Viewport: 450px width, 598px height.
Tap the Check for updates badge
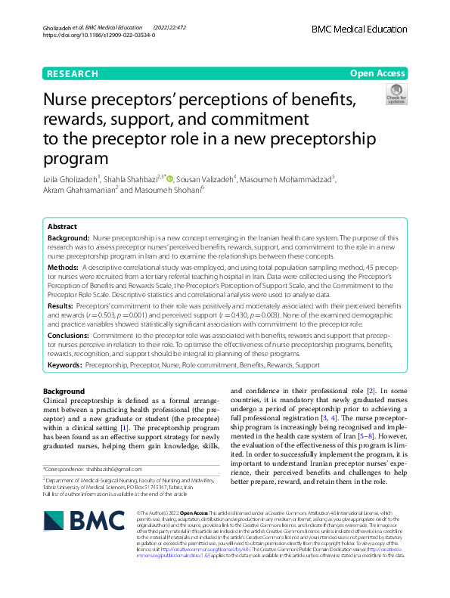[x=396, y=94]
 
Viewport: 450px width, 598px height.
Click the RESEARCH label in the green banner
[x=72, y=73]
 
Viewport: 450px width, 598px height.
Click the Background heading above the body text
[x=64, y=391]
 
